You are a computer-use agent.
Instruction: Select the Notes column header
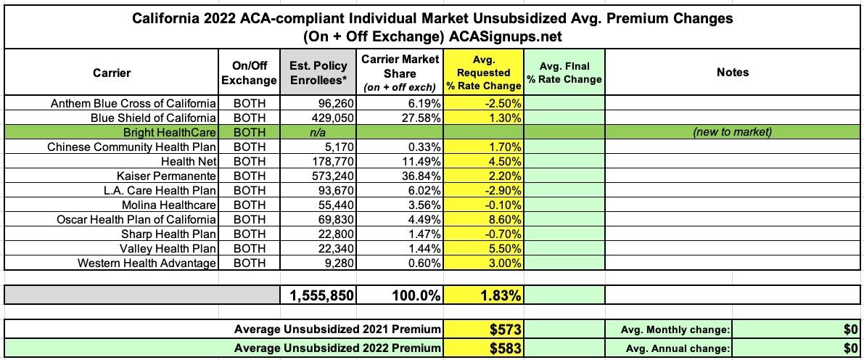(x=732, y=72)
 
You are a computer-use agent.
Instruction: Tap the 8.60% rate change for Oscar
(x=504, y=219)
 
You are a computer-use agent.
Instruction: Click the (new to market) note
(x=732, y=132)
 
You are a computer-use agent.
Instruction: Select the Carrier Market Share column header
(x=400, y=73)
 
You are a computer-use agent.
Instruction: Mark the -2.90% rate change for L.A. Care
(x=503, y=190)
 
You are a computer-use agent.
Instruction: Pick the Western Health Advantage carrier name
(x=148, y=263)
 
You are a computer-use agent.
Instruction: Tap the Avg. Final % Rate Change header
(x=564, y=73)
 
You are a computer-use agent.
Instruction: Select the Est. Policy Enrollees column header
(x=318, y=73)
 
